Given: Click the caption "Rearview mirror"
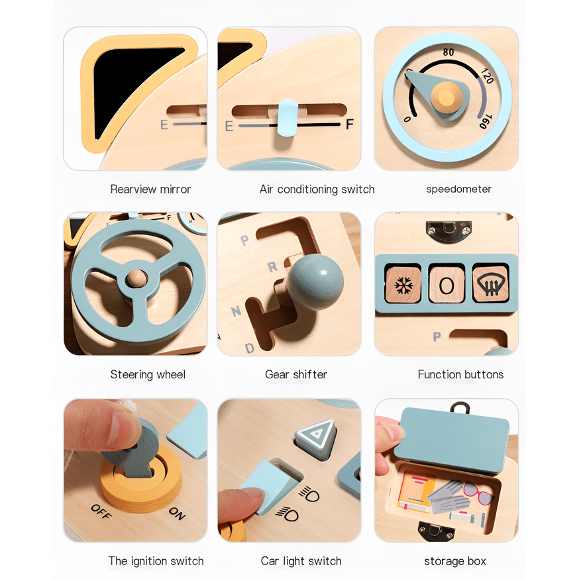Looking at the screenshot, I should (x=150, y=189).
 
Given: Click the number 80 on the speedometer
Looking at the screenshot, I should (x=448, y=52).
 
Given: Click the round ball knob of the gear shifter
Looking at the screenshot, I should (x=315, y=281).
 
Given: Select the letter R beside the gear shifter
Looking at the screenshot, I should (x=272, y=268).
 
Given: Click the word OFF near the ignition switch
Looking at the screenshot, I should (x=101, y=511).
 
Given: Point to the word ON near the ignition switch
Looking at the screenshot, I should (x=177, y=512).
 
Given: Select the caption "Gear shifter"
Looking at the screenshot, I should (x=296, y=375).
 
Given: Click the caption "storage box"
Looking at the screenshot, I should (x=455, y=561).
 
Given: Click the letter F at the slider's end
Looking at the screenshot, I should (x=350, y=125).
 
